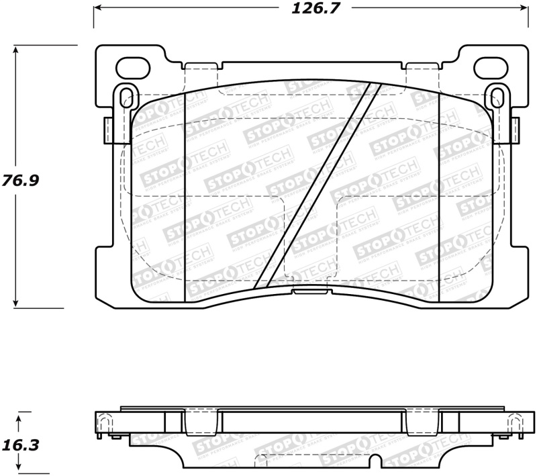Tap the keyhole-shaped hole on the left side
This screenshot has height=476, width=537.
point(124,97)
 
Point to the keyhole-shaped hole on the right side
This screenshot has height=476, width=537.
point(497,97)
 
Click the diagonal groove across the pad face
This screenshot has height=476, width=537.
point(318,185)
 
